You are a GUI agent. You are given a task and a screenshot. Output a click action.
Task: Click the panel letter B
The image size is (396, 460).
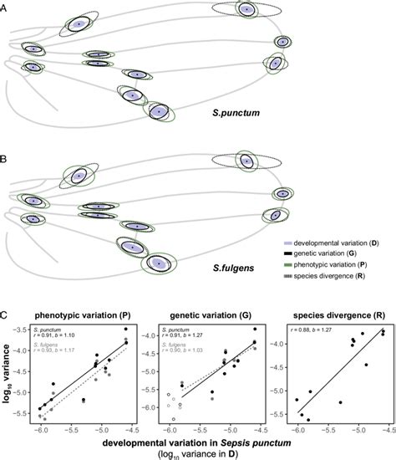tap(7, 155)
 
